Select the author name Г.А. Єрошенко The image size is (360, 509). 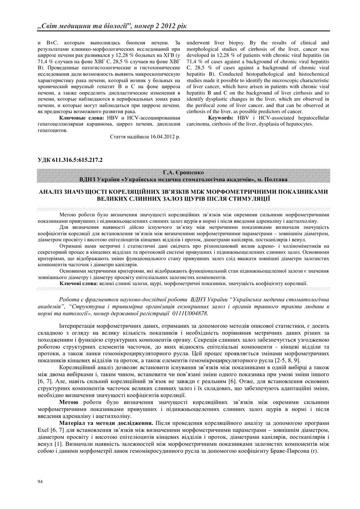click(x=180, y=173)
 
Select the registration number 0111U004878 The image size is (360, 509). click(x=188, y=313)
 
